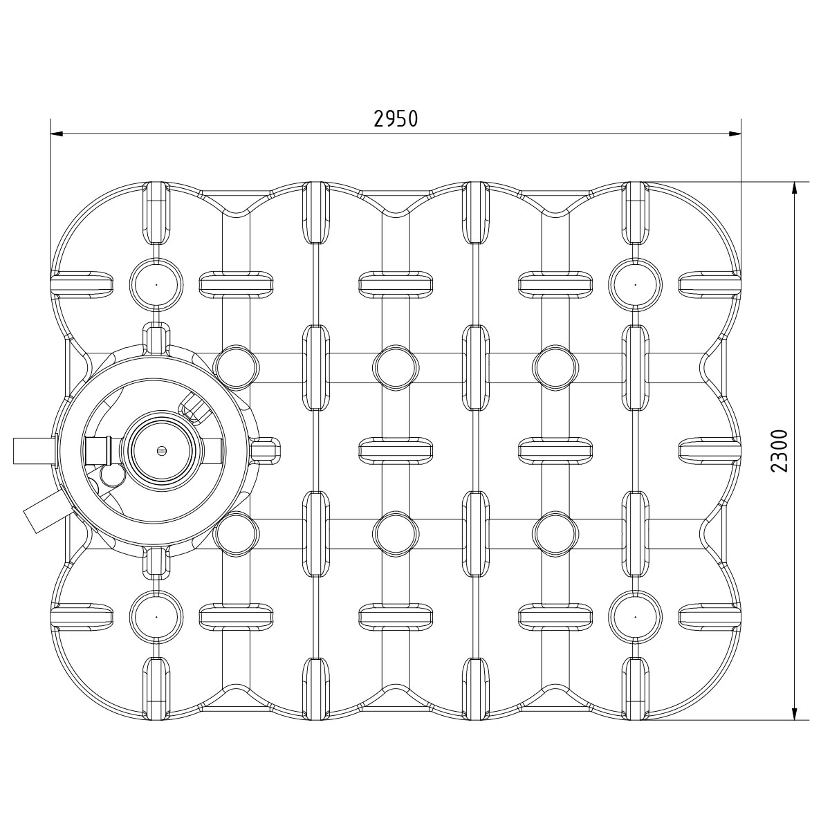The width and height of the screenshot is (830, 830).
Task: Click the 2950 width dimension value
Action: pyautogui.click(x=396, y=119)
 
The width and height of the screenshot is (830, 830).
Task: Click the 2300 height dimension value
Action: pyautogui.click(x=780, y=451)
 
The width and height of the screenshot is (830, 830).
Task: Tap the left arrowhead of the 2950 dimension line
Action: pyautogui.click(x=57, y=134)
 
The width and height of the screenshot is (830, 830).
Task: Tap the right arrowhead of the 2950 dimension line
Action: pyautogui.click(x=735, y=134)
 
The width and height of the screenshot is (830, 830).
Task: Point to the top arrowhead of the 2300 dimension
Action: pyautogui.click(x=795, y=188)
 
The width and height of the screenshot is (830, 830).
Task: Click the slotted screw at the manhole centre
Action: pyautogui.click(x=163, y=450)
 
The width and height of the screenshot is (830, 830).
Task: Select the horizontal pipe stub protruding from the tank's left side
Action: pyautogui.click(x=35, y=450)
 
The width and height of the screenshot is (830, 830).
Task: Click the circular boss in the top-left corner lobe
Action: pyautogui.click(x=156, y=285)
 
